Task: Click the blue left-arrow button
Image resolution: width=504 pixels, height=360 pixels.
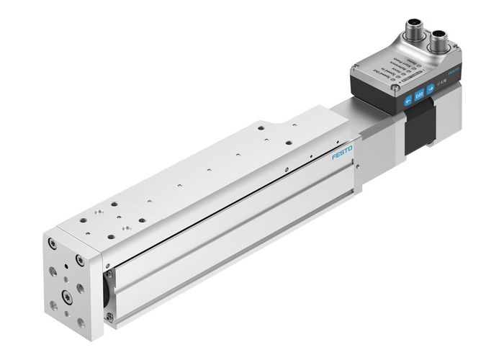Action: tap(408, 102)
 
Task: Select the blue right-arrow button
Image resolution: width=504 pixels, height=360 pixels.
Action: tap(430, 89)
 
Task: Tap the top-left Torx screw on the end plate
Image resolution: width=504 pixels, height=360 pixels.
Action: tap(53, 244)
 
